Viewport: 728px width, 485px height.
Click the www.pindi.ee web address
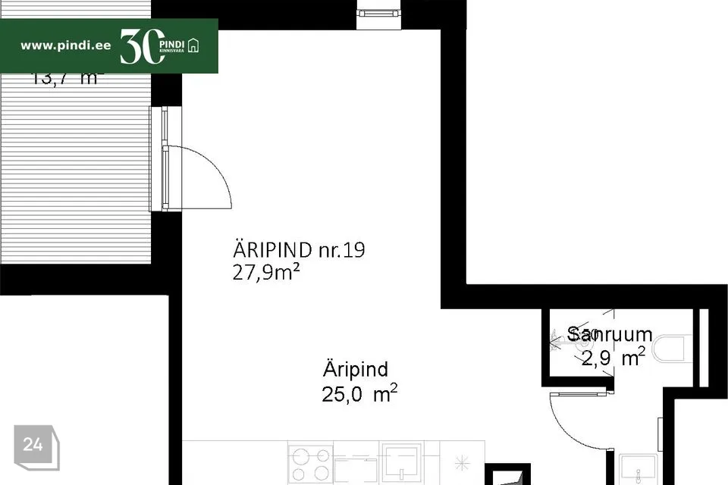tap(65, 45)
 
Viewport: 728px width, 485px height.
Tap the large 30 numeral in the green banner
tap(140, 47)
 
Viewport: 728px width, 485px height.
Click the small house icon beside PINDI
tap(194, 45)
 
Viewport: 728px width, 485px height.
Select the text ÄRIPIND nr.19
tap(299, 250)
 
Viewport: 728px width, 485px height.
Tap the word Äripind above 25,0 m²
tap(355, 370)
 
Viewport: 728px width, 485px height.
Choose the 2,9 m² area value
tap(613, 358)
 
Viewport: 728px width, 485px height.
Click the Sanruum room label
tap(610, 334)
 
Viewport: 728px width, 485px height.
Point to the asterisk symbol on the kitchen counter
tap(464, 462)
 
